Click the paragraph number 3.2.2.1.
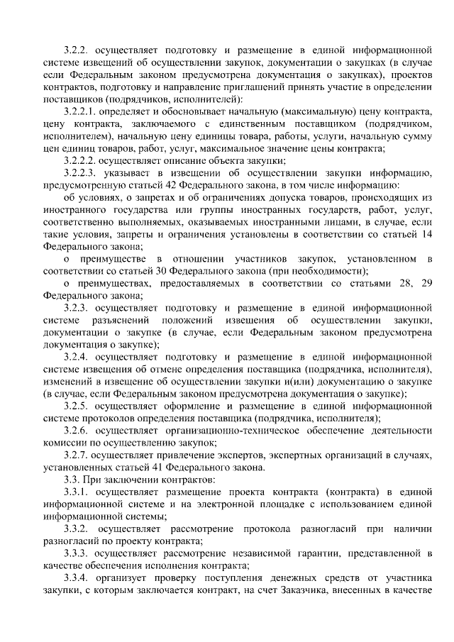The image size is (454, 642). point(80,112)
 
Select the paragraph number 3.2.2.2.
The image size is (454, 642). point(80,160)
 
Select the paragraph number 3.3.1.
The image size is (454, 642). point(77,492)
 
